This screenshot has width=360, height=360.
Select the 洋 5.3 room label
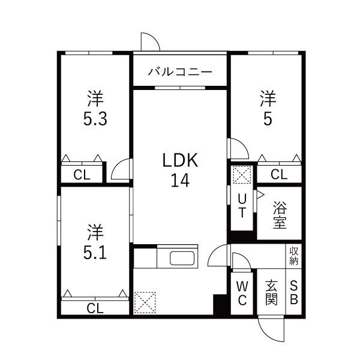tap(94, 107)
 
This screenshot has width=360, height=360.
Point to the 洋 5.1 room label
tap(94, 242)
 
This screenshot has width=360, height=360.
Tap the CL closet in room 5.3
tap(82, 175)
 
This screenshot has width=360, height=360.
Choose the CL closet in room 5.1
tap(94, 308)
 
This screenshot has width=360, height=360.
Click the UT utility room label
tap(242, 205)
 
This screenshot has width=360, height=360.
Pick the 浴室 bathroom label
tap(280, 215)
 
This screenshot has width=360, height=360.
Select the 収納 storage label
tap(294, 256)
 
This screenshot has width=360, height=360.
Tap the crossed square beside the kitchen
tap(145, 302)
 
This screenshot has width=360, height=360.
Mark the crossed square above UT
tap(241, 176)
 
